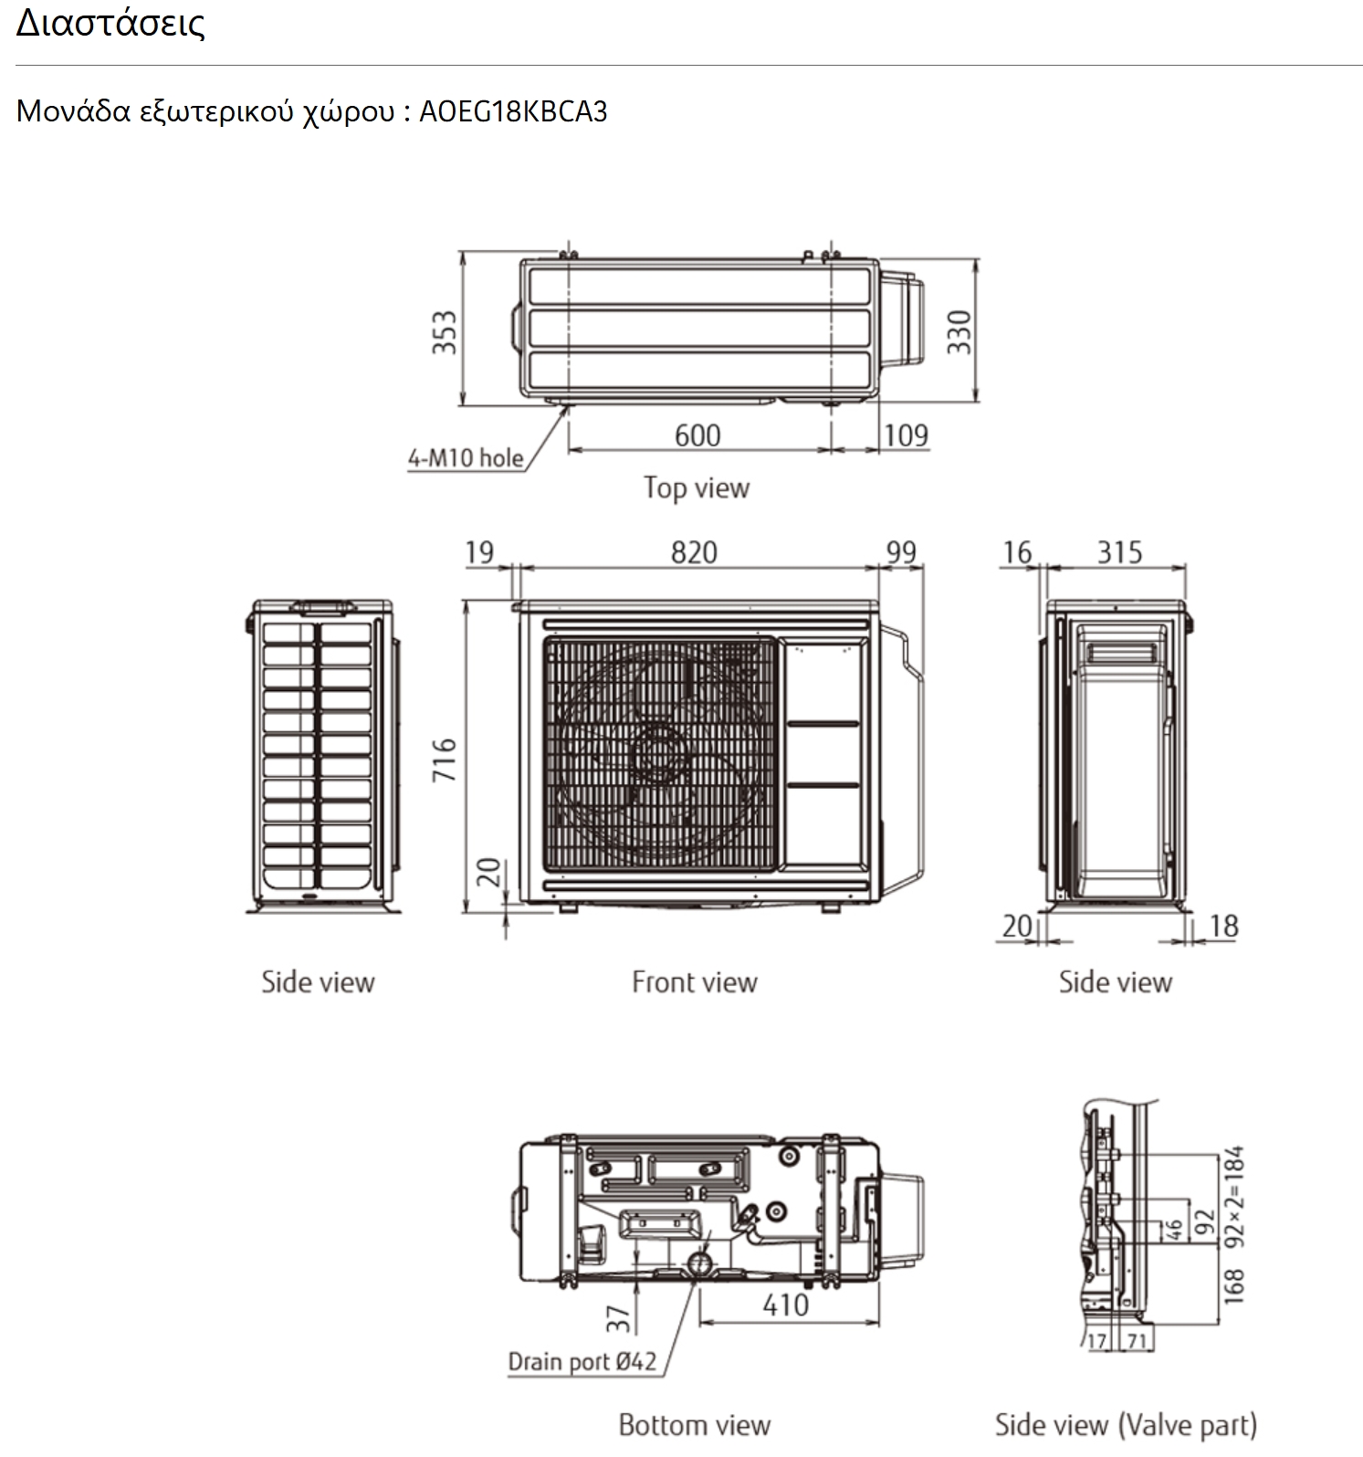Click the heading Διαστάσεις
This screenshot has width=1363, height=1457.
tap(110, 23)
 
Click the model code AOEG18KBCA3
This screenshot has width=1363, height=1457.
tap(513, 111)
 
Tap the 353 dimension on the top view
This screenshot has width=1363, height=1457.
tap(444, 332)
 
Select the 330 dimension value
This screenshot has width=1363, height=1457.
tap(959, 332)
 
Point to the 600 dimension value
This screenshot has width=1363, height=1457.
tap(697, 435)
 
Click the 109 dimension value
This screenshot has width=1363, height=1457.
tap(906, 435)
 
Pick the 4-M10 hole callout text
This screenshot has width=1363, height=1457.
tap(466, 457)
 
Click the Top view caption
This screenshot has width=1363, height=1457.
tap(697, 487)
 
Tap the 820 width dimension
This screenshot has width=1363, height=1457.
tap(694, 552)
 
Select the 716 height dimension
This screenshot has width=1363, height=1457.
tap(444, 760)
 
